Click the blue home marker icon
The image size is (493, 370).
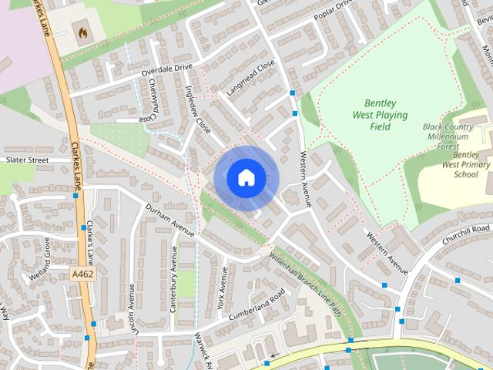246,177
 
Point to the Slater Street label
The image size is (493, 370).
27,160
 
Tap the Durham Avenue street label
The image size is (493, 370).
171,219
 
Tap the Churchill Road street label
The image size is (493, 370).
465,234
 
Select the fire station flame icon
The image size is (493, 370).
81,32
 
